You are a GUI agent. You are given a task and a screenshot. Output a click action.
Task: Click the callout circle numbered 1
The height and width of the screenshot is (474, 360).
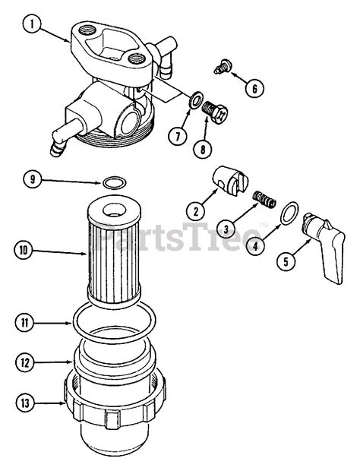click(32, 24)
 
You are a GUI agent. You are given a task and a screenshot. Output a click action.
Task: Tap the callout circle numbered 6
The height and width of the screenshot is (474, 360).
click(254, 89)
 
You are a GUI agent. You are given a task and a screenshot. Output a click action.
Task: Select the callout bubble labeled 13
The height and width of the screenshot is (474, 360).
click(25, 403)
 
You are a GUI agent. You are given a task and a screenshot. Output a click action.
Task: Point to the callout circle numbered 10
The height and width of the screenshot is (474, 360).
click(24, 251)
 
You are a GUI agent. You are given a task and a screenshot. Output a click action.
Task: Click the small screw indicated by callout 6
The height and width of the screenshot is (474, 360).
click(223, 67)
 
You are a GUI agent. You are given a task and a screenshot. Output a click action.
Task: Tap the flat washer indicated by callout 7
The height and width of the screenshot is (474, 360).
click(195, 100)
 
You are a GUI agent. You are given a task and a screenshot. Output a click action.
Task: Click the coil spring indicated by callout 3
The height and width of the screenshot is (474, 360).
click(264, 200)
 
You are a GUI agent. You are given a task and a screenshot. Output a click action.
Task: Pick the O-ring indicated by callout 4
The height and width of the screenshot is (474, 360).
click(289, 213)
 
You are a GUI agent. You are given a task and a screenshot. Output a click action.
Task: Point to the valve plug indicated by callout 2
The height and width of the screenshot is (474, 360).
click(231, 181)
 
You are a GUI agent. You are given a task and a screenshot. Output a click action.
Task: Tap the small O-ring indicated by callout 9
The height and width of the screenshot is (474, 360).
click(113, 183)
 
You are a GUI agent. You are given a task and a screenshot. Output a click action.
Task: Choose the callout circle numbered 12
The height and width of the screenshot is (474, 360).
click(25, 362)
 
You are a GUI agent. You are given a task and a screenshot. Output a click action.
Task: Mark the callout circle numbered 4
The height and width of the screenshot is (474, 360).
click(255, 246)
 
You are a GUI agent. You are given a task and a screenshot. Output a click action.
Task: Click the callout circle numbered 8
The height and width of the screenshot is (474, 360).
click(203, 148)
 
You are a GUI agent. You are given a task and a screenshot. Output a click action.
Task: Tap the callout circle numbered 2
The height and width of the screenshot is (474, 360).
click(195, 211)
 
